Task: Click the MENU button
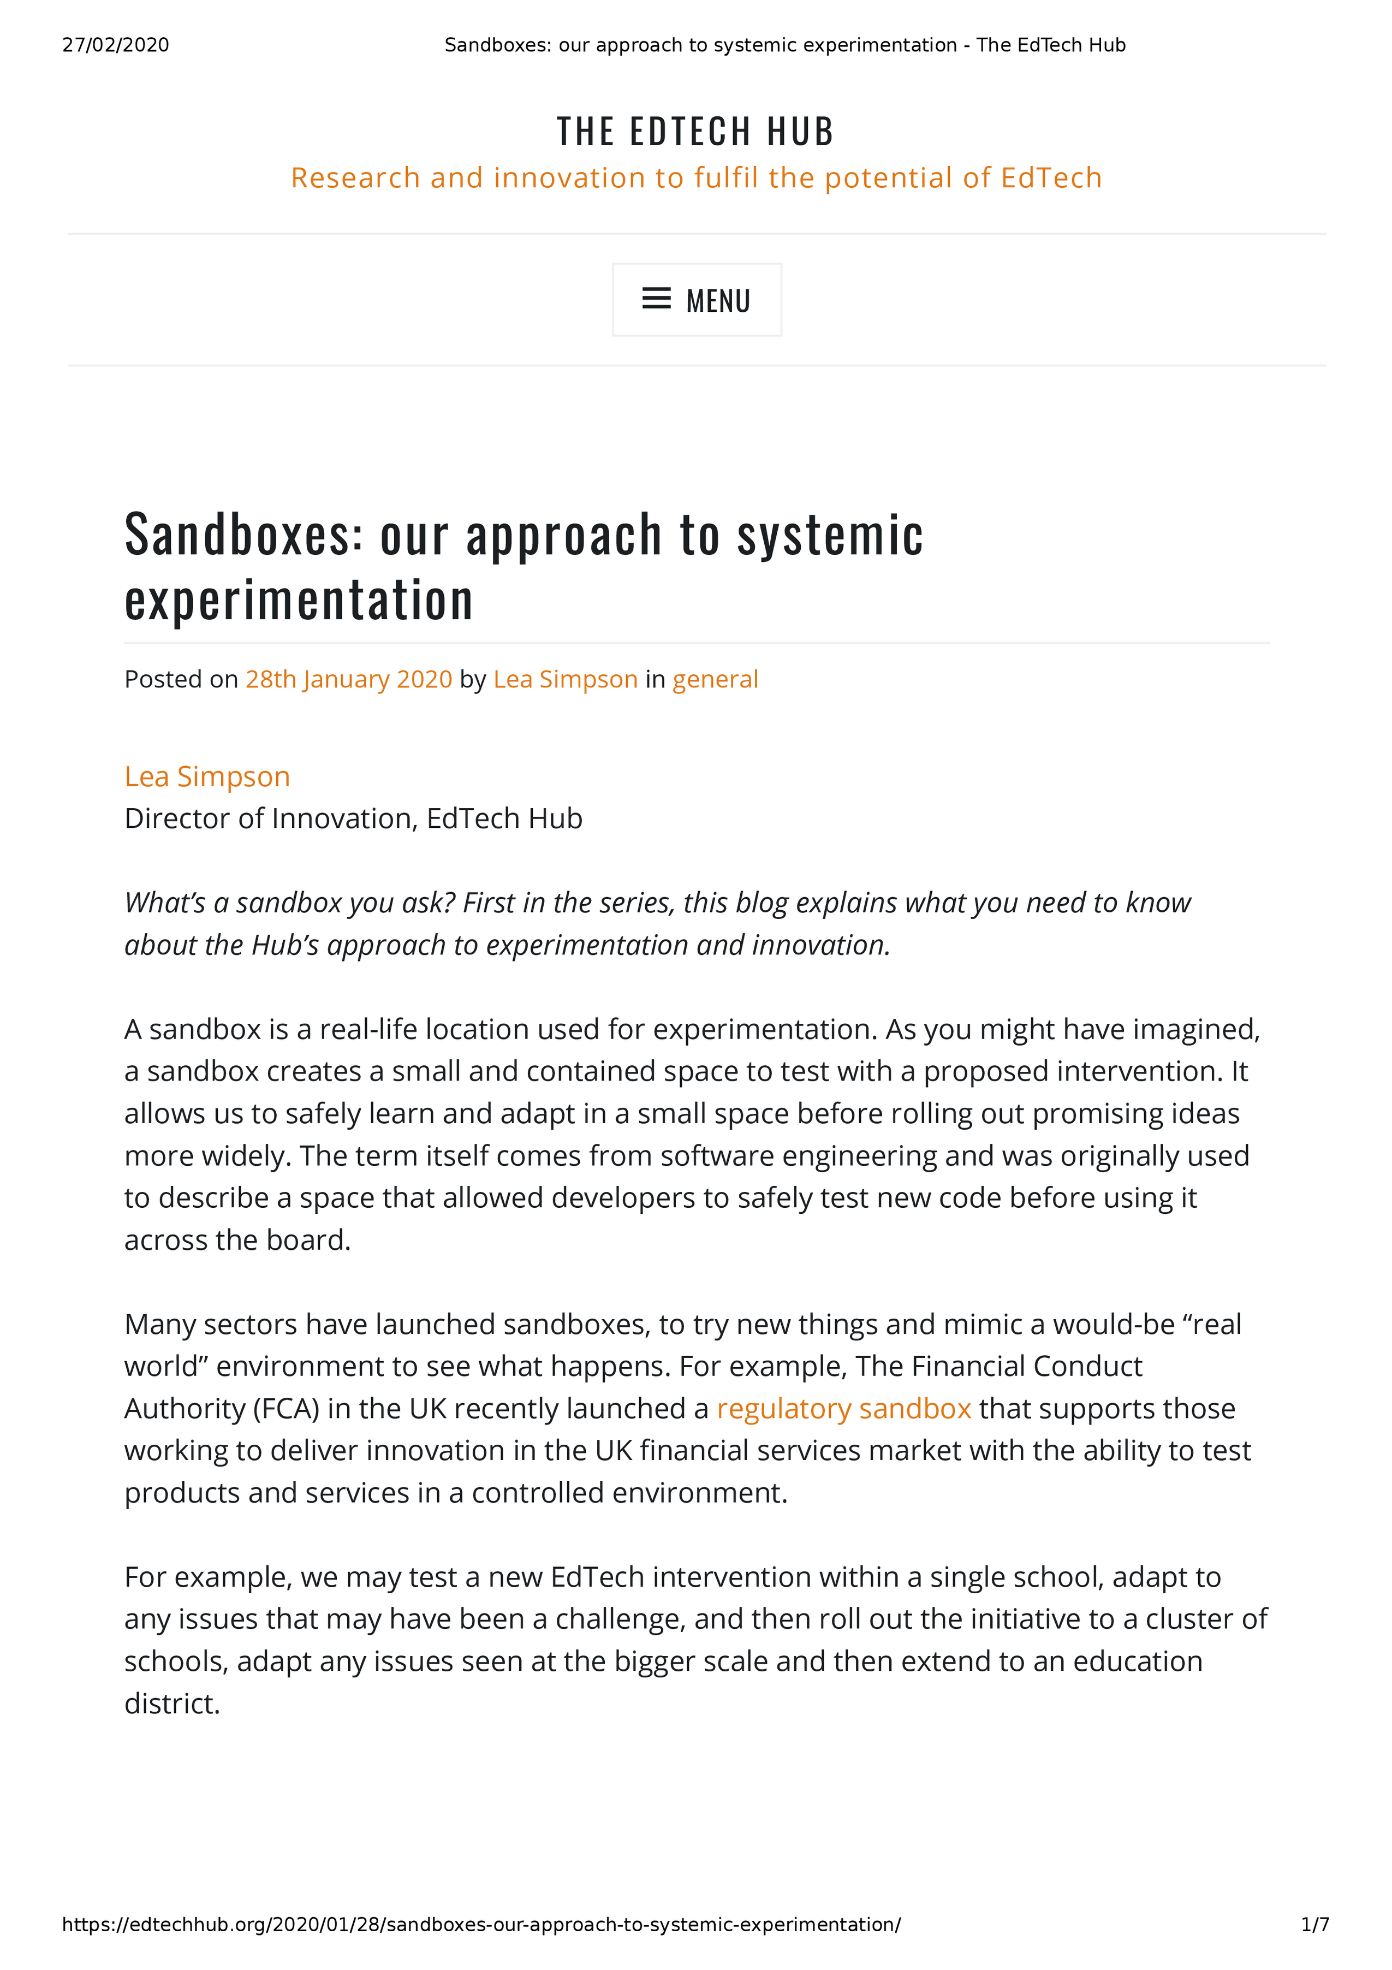(x=697, y=300)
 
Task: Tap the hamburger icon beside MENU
(x=656, y=299)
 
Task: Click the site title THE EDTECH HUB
(x=695, y=131)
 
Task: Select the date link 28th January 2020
(x=348, y=680)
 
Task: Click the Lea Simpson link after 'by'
(x=565, y=680)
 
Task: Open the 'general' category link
(x=715, y=680)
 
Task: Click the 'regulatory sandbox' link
(x=844, y=1409)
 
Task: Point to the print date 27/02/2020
(x=116, y=45)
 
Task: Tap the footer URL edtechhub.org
(x=481, y=1925)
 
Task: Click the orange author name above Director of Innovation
(x=207, y=776)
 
